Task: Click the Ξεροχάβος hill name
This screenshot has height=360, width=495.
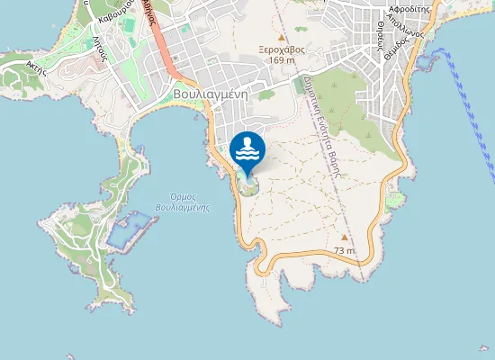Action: (282, 49)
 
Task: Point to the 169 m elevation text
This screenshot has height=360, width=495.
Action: (282, 60)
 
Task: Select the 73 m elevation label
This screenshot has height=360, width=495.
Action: (344, 249)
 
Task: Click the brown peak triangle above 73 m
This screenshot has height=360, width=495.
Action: (344, 238)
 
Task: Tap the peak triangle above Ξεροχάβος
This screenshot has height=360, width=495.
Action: (282, 38)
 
